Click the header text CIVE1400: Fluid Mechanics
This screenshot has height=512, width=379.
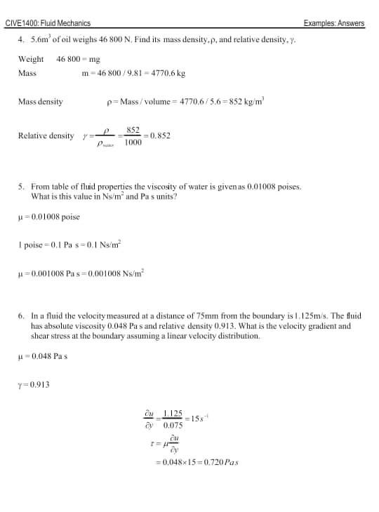pyautogui.click(x=48, y=23)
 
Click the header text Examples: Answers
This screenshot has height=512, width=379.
pyautogui.click(x=334, y=23)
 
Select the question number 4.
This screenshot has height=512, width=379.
pyautogui.click(x=21, y=40)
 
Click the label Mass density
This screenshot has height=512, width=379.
pyautogui.click(x=40, y=102)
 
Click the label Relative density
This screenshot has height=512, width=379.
pyautogui.click(x=46, y=136)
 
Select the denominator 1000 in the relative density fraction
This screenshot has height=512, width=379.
pyautogui.click(x=133, y=143)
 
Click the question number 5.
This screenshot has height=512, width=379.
pyautogui.click(x=21, y=187)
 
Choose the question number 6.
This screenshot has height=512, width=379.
pyautogui.click(x=21, y=316)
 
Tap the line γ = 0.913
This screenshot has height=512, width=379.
pyautogui.click(x=33, y=384)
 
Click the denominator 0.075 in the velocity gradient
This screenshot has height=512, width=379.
pyautogui.click(x=173, y=425)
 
